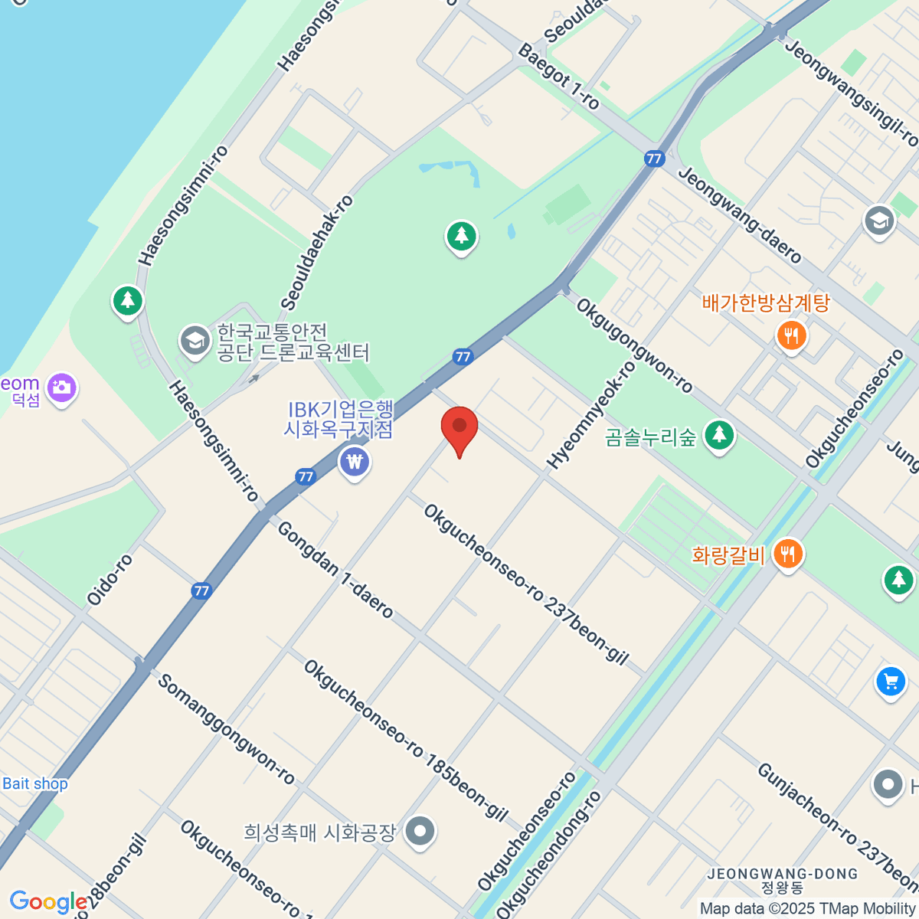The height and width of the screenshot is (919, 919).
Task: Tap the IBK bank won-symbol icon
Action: [x=355, y=462]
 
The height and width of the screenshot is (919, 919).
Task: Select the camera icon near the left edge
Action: [x=62, y=388]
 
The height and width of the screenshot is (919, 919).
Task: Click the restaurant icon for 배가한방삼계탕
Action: [x=791, y=335]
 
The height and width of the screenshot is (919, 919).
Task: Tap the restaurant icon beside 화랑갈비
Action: [x=787, y=552]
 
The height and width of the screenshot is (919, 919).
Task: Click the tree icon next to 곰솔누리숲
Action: [x=718, y=436]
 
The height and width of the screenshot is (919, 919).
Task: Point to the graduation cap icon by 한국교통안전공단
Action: [x=195, y=340]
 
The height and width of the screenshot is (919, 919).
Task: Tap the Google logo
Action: [x=47, y=901]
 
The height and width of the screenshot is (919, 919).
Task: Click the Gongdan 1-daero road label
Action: [x=335, y=570]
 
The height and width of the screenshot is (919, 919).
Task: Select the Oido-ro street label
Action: [x=110, y=580]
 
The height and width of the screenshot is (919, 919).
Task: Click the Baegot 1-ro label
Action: [x=559, y=76]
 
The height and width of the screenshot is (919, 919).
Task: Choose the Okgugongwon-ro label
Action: [x=634, y=345]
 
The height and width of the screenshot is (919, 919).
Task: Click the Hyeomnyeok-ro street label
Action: [x=591, y=414]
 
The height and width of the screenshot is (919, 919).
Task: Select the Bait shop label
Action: [x=35, y=783]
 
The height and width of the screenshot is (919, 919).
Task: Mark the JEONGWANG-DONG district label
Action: [x=782, y=874]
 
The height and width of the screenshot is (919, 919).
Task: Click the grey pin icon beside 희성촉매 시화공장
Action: [x=420, y=832]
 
